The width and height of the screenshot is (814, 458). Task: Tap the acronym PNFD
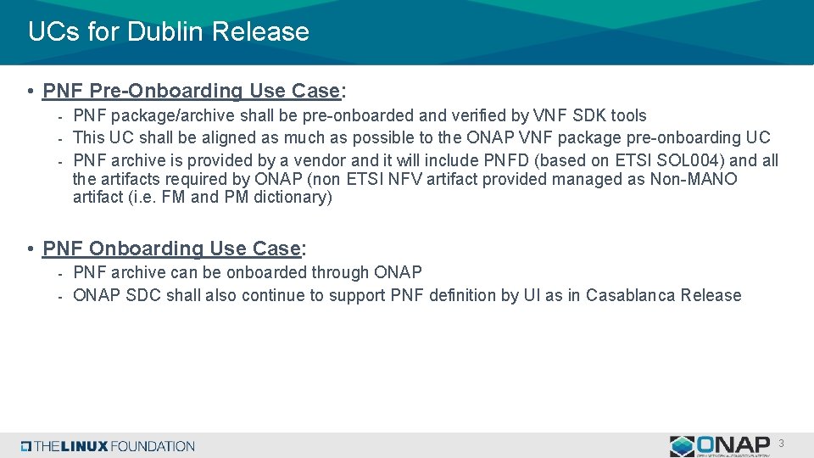point(506,160)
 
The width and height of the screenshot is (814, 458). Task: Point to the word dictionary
point(289,198)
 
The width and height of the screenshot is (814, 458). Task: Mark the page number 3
point(781,444)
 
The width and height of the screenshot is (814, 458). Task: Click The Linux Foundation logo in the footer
point(109,446)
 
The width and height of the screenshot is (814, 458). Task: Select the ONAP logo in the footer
point(720,445)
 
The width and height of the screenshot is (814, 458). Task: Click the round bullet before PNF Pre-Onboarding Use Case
point(30,92)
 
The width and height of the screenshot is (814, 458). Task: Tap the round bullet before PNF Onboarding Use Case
point(30,249)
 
